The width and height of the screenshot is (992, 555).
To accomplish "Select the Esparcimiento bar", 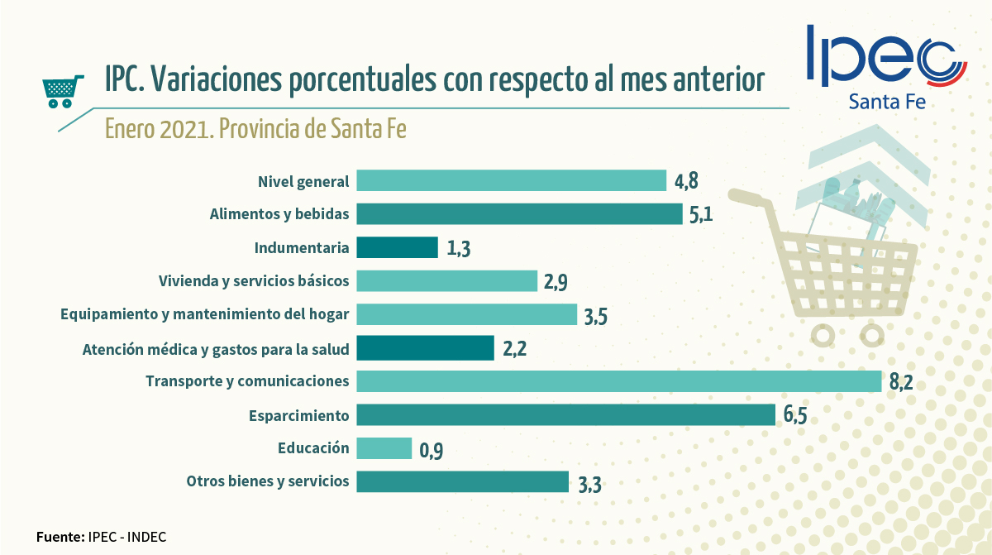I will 565,414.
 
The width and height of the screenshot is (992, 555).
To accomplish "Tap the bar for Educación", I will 384,448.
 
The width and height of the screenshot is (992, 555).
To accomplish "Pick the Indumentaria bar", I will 397,247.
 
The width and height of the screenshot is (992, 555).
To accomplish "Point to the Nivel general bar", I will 511,180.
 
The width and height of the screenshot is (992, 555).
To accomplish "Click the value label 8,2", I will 902,384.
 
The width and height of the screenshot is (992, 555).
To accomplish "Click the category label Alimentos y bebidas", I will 279,214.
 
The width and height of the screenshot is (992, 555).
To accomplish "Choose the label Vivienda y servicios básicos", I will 254,281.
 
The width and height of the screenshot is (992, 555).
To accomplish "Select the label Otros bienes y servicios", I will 268,481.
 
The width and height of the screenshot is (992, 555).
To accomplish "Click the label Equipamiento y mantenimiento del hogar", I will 205,314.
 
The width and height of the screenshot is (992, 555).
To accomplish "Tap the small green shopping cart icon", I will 63,92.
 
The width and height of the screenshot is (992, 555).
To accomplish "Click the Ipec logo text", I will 885,56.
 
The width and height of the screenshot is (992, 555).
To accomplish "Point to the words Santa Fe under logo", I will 886,102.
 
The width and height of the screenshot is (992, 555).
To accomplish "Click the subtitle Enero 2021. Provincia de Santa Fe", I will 255,130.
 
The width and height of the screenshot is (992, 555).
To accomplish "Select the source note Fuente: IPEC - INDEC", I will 101,537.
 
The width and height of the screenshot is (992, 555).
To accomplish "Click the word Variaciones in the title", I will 218,79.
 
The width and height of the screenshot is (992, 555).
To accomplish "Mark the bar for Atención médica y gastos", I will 425,347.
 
